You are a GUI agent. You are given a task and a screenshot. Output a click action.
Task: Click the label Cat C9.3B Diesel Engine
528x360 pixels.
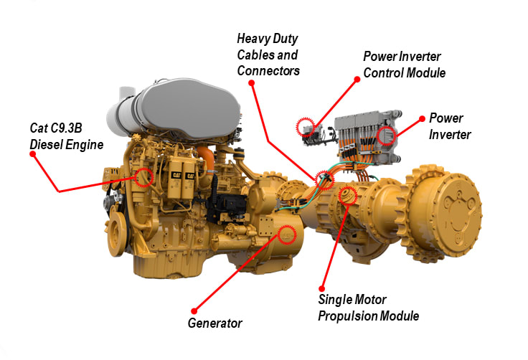[x=66, y=136]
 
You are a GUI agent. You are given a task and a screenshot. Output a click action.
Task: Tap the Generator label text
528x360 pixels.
[x=214, y=323]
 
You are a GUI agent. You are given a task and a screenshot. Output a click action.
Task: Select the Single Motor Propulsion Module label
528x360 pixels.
[x=369, y=308]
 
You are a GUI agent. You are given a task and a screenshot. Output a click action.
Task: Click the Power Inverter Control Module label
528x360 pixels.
[x=404, y=65]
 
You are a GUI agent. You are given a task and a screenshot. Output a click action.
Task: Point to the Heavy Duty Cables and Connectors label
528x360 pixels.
[x=268, y=55]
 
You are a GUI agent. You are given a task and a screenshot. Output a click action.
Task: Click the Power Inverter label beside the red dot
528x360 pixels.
[x=450, y=126]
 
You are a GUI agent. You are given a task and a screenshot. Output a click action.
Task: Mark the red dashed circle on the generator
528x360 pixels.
[x=287, y=235]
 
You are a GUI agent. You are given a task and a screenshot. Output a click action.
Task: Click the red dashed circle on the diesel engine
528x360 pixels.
[x=143, y=177]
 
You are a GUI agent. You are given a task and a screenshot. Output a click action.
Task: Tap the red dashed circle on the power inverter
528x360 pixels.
[x=386, y=136]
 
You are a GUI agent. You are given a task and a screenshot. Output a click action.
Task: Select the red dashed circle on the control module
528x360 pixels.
[x=305, y=127]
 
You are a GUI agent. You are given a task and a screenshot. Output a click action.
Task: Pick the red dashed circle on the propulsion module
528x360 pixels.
[x=347, y=195]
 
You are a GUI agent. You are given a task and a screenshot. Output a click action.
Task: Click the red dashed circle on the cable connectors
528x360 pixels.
[x=324, y=180]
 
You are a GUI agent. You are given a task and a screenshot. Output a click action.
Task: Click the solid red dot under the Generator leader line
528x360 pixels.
[x=194, y=311]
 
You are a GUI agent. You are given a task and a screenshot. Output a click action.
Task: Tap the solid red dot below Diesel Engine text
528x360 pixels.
[x=33, y=154]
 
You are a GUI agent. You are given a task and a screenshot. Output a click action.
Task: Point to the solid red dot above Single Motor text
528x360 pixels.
[x=322, y=288]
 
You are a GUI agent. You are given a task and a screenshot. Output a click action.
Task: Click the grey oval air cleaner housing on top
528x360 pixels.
[x=190, y=108]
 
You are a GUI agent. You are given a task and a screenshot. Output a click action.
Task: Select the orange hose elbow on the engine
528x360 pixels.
[x=207, y=158]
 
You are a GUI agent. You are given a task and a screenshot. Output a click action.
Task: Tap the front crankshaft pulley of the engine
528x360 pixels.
[x=116, y=233]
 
